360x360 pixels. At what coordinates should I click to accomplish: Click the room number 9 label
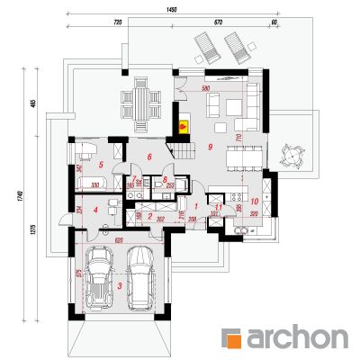coord(210,146)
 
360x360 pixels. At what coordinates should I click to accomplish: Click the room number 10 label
coord(255,201)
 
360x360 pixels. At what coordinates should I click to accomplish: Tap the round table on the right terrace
coord(292,154)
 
